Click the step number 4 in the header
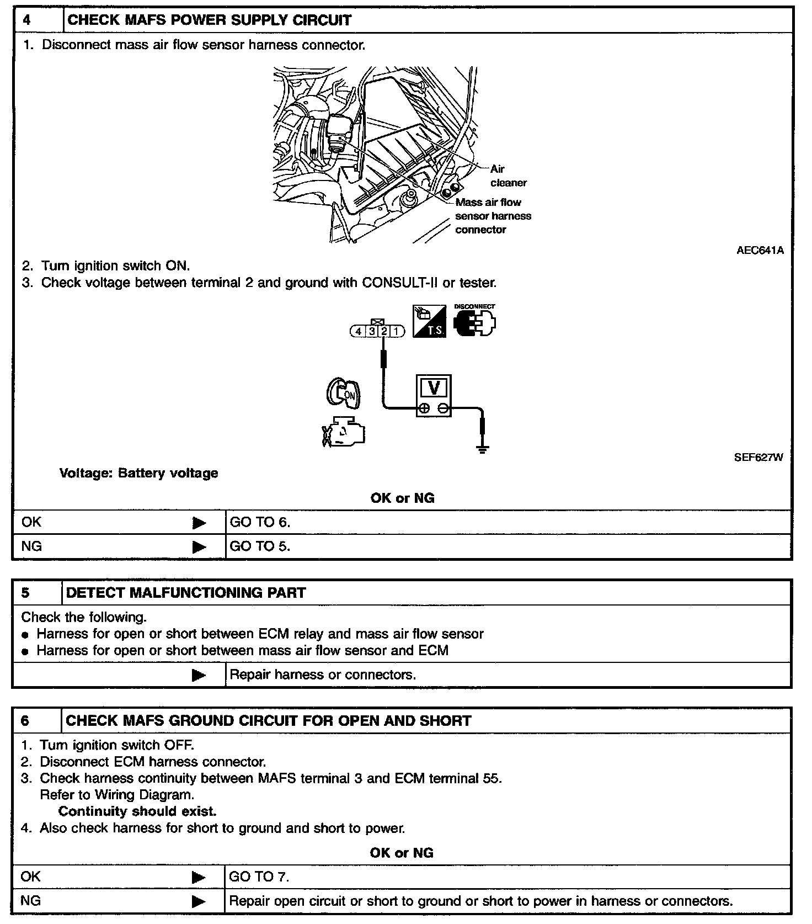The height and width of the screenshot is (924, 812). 27,20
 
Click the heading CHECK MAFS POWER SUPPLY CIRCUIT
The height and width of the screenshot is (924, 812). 209,20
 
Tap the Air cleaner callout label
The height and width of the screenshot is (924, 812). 508,176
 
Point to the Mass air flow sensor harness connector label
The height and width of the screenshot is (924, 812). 493,216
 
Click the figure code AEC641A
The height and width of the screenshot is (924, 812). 760,250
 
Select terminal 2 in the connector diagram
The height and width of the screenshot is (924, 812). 384,331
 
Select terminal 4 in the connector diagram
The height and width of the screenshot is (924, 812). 359,331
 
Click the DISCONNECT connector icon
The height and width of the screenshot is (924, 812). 474,322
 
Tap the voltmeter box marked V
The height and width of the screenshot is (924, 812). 434,395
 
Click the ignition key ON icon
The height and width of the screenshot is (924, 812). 343,394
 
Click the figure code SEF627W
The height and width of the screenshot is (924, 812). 758,457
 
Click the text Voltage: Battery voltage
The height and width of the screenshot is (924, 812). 138,473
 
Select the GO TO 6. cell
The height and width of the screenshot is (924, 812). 260,522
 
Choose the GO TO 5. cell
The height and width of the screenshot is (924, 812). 260,546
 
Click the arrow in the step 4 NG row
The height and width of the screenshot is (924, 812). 199,547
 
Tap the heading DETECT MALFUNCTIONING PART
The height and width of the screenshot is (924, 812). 185,593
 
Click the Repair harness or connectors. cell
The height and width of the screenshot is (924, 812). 323,675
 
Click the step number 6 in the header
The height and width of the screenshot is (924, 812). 25,721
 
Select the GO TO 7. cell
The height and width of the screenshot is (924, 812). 259,877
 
